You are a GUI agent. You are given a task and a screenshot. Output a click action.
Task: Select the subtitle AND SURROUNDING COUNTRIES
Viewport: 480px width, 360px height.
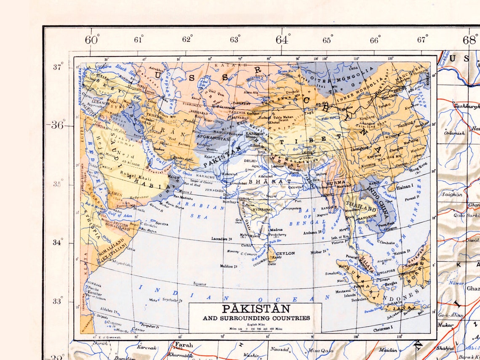pos(256,318)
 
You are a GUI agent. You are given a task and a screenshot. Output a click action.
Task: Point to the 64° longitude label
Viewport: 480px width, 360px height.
pos(283,40)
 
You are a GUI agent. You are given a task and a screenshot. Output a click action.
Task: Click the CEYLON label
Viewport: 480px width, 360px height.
pos(285,253)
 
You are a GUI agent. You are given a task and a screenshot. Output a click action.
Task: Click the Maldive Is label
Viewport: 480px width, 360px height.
pos(229,266)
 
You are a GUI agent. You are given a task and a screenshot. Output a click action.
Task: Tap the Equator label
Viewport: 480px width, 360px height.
pos(200,284)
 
